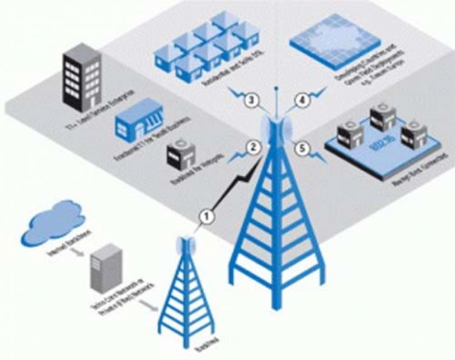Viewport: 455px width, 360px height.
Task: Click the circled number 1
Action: [x=207, y=216]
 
